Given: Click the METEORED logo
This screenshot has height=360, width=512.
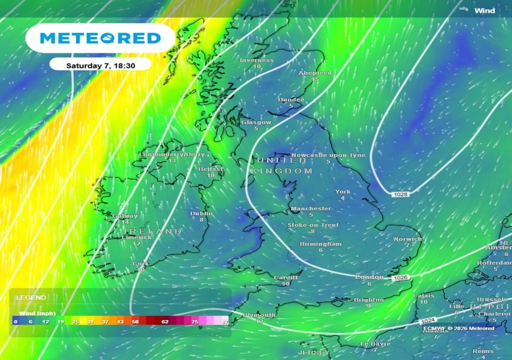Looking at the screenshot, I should click(x=100, y=38).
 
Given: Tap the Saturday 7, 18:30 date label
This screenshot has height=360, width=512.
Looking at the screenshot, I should click(x=100, y=65).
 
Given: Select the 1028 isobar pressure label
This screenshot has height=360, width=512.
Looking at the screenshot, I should click(x=400, y=193).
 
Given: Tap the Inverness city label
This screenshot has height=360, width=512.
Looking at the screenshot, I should click(x=256, y=60).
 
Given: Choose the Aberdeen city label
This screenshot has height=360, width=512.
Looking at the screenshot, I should click(x=315, y=73).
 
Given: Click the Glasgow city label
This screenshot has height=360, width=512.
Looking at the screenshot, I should click(x=256, y=122).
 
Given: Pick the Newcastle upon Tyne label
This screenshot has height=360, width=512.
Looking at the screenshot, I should click(x=328, y=155).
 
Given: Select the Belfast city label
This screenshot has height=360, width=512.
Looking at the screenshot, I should click(x=210, y=169).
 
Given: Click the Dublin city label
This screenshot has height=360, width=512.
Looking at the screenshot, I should click(x=201, y=213).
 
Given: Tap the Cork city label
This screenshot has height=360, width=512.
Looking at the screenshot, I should click(x=140, y=263).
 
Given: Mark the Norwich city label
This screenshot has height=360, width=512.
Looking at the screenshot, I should click(x=407, y=239).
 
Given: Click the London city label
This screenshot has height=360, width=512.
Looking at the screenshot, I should click(x=369, y=277).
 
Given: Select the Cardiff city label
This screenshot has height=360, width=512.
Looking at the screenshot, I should click(x=285, y=277).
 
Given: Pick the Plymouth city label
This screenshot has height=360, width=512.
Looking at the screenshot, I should click(x=259, y=315).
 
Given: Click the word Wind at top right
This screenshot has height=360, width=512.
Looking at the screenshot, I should click(x=484, y=10).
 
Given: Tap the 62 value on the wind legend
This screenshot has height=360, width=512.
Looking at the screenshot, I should click(x=165, y=321).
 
